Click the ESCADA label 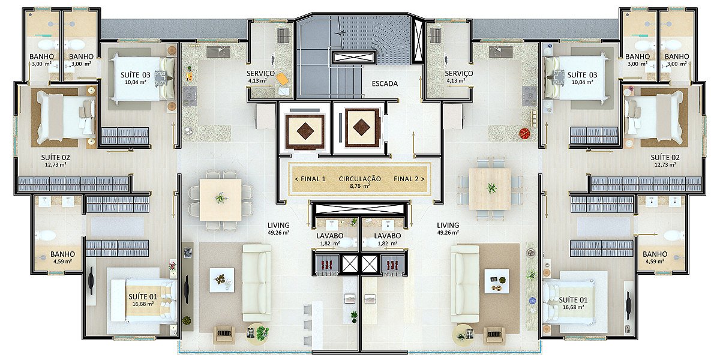(x=385, y=84)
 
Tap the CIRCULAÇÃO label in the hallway (x=359, y=179)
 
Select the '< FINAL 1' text (x=310, y=179)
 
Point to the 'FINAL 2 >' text (x=409, y=179)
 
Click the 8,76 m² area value (x=360, y=186)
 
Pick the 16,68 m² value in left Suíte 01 (x=143, y=304)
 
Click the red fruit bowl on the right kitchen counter (x=525, y=133)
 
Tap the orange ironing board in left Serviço (x=282, y=79)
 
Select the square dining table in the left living (x=221, y=200)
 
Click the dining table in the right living (x=490, y=188)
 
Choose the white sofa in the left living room (x=257, y=283)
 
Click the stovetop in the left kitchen (x=190, y=96)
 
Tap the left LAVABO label (x=330, y=236)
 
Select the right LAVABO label (x=388, y=236)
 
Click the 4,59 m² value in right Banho (x=655, y=262)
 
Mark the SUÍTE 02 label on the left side (x=56, y=157)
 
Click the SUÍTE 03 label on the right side (x=582, y=75)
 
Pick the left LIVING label (x=278, y=226)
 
